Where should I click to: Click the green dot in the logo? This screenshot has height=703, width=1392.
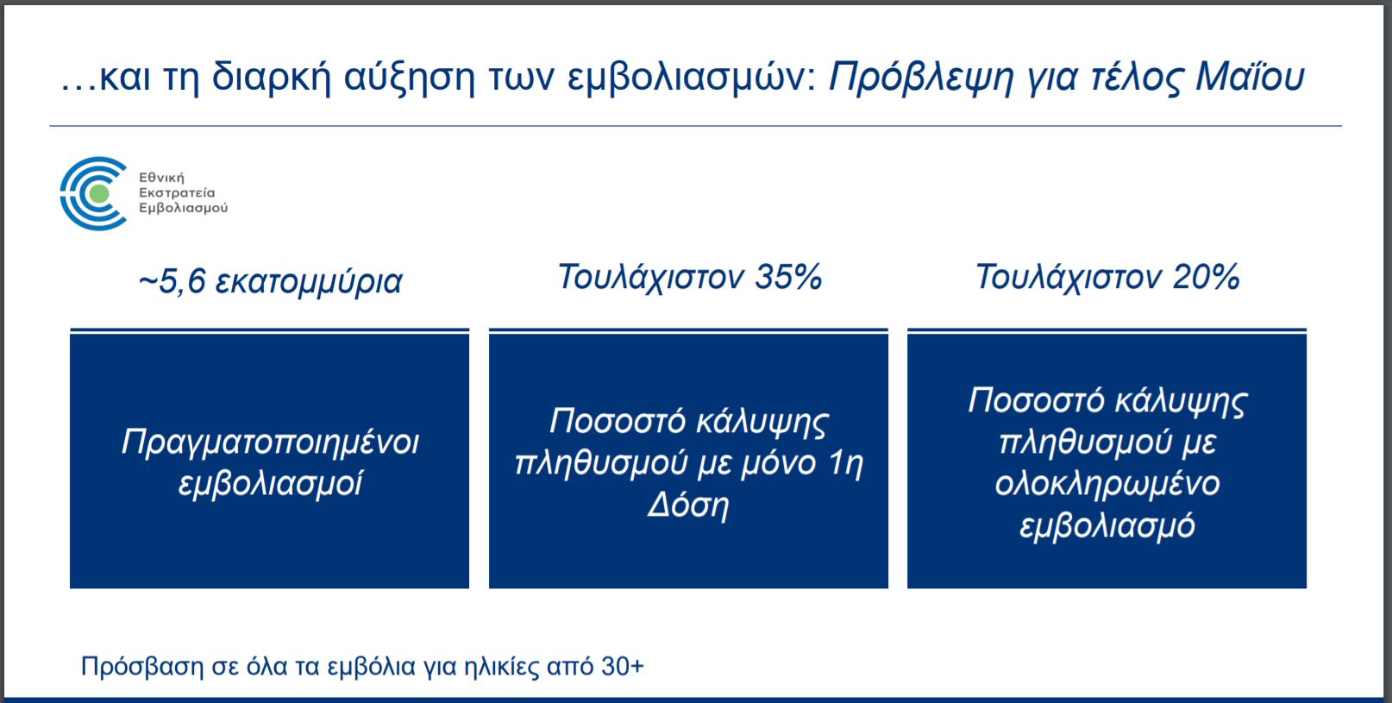(x=99, y=194)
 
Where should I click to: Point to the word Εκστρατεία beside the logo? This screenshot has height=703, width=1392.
(x=177, y=192)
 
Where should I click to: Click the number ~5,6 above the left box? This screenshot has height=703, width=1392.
(x=172, y=281)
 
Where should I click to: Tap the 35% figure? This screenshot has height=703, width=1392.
(x=788, y=277)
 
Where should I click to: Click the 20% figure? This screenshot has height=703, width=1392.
(x=1207, y=277)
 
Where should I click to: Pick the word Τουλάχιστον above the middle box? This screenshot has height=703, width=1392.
(x=650, y=278)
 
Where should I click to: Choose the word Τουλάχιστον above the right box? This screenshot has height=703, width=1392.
(x=1069, y=278)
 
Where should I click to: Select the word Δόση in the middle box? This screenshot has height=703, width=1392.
(x=688, y=505)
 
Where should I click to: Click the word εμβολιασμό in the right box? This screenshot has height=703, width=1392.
(x=1107, y=526)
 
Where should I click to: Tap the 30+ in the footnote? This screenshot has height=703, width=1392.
(x=623, y=666)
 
